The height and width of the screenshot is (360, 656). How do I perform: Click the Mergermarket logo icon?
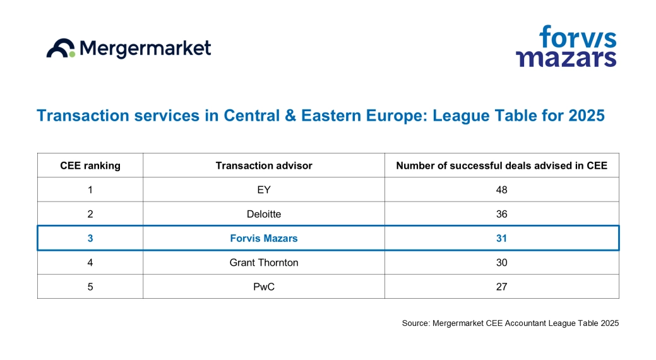tap(61, 49)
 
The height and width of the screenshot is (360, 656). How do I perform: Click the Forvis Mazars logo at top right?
tap(566, 46)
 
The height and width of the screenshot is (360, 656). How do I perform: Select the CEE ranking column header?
tap(90, 165)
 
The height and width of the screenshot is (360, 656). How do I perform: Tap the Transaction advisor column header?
tap(264, 165)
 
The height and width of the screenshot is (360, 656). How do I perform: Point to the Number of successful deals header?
tap(501, 165)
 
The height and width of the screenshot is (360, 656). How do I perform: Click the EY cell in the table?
tap(264, 189)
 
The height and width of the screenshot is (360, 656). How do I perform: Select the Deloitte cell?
tap(264, 214)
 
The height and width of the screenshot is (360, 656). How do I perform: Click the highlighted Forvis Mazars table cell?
tap(264, 238)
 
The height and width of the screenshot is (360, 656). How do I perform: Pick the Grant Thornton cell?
tap(264, 262)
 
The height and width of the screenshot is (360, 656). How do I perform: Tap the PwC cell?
tap(264, 286)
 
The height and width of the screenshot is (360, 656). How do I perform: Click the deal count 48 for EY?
tap(501, 189)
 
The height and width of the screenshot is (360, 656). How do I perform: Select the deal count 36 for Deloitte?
tap(501, 214)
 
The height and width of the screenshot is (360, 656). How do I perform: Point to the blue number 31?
tap(501, 238)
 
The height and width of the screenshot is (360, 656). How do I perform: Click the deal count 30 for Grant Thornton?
tap(501, 262)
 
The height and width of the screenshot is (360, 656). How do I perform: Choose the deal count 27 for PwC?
tap(501, 286)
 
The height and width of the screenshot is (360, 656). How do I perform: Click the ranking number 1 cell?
tap(90, 189)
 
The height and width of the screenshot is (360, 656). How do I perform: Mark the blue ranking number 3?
tap(90, 238)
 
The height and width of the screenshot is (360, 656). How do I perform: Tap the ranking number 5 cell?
tap(90, 286)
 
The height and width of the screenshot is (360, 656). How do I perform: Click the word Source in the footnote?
tap(415, 323)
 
